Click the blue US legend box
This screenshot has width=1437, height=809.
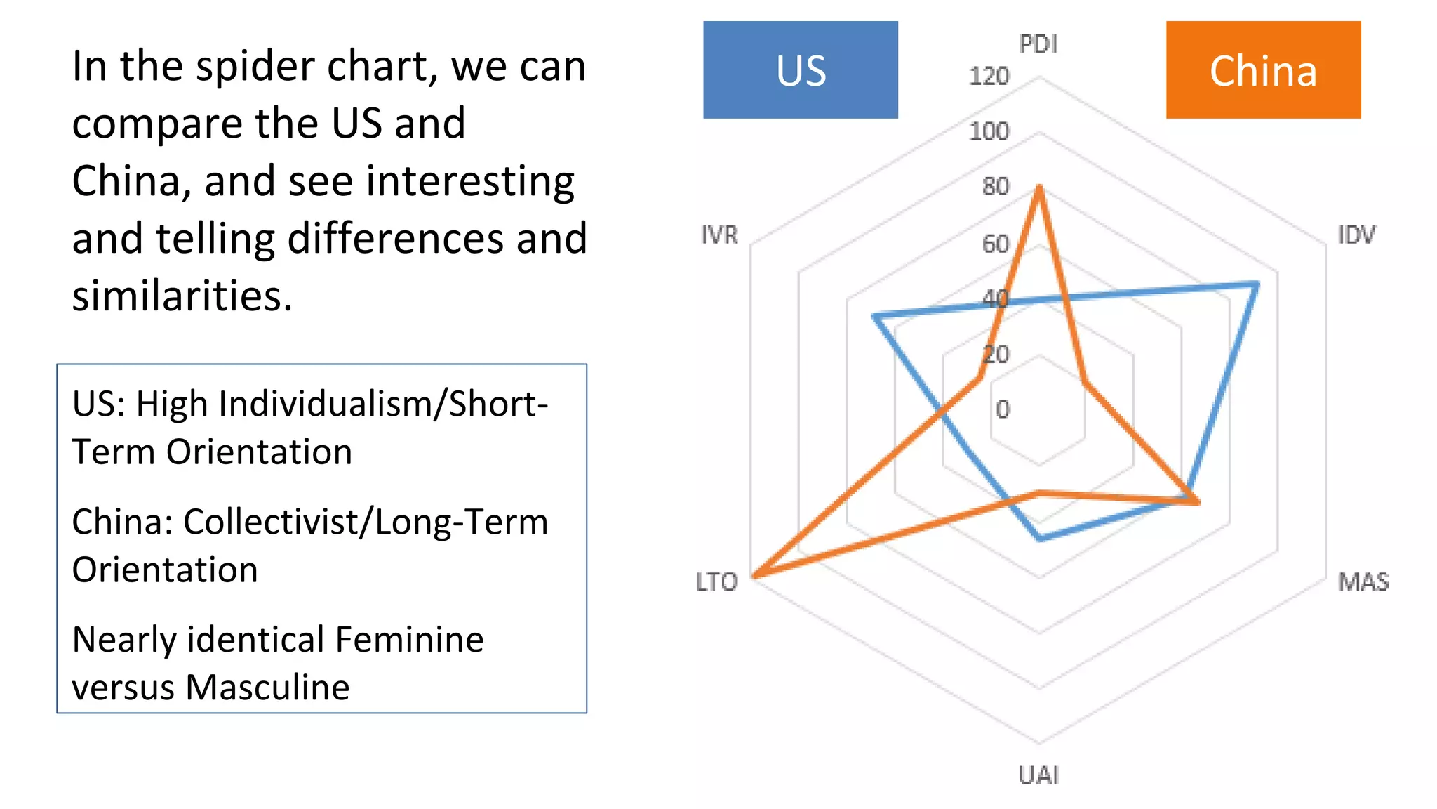[800, 70]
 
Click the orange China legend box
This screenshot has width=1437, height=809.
[1263, 70]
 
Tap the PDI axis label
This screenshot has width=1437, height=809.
[1038, 44]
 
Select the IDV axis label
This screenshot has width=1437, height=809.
[1356, 235]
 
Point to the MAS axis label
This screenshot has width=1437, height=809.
[1363, 581]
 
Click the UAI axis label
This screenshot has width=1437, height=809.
[1038, 775]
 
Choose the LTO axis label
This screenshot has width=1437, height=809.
[716, 581]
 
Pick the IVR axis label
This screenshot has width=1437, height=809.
[720, 235]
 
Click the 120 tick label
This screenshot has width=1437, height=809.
[989, 76]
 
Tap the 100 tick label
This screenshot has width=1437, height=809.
[989, 131]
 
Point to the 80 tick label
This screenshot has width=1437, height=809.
[995, 186]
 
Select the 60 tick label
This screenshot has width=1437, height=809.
[995, 243]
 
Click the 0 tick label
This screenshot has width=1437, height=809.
[1003, 409]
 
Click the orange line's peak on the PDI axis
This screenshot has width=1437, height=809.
[1039, 188]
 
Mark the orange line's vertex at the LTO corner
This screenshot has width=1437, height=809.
[753, 577]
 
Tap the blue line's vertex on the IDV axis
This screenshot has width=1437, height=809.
[1257, 284]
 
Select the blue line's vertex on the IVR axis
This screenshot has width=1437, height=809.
[874, 317]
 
